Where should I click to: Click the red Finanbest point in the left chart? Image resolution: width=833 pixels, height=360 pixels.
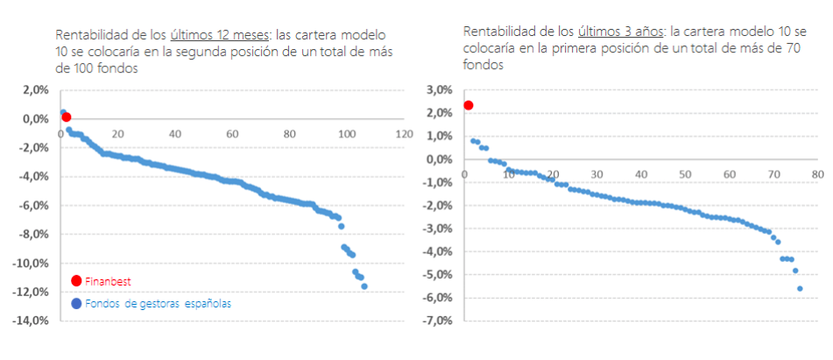(66, 116)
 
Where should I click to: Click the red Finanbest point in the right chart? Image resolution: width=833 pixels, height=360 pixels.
(468, 105)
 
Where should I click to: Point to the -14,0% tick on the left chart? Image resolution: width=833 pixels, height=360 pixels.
(32, 321)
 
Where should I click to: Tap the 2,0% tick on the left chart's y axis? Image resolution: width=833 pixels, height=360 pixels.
(34, 89)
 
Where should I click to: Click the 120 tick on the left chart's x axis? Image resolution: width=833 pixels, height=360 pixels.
(404, 134)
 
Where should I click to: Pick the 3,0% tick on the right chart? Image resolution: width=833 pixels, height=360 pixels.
(438, 89)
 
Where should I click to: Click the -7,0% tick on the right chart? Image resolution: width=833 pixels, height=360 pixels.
(435, 321)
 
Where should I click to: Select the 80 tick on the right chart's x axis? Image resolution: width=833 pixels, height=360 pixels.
(816, 175)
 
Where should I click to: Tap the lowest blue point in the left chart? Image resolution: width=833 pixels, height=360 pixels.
(364, 286)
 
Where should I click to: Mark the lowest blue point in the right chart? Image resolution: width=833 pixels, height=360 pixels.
(799, 288)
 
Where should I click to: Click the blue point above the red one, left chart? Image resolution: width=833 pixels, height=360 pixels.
(62, 112)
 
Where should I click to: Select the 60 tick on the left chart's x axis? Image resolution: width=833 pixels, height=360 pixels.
(232, 134)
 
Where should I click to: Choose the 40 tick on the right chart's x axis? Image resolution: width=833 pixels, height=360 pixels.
(640, 175)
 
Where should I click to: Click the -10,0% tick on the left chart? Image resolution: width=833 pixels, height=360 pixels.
(32, 264)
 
